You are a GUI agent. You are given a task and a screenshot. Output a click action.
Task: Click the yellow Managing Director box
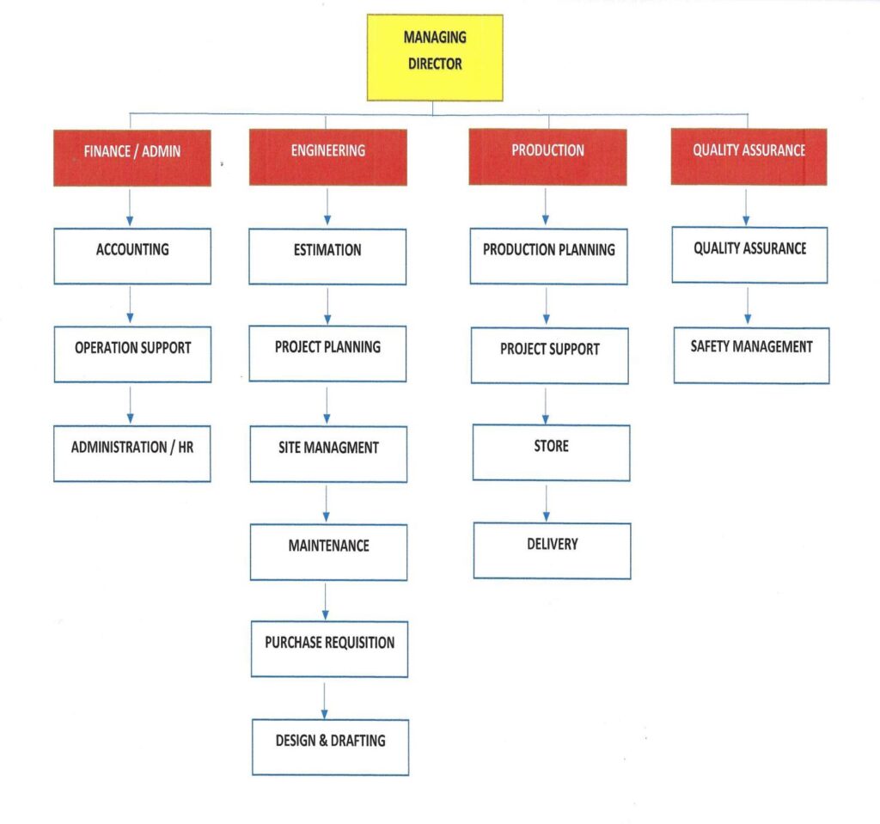click(434, 58)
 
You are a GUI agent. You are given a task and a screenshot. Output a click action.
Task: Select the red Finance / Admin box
click(131, 157)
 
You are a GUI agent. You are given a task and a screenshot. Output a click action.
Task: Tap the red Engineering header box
click(327, 157)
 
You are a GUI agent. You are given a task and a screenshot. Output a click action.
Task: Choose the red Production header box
click(547, 156)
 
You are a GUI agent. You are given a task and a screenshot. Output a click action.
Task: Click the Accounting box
click(132, 256)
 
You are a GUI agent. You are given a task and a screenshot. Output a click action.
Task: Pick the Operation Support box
click(132, 354)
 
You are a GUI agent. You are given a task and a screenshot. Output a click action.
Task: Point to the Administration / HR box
click(132, 453)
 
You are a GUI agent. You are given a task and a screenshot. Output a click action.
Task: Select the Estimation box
click(327, 256)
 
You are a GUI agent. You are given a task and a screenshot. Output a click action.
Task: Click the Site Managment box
click(328, 453)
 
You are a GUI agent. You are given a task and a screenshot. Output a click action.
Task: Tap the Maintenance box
click(328, 552)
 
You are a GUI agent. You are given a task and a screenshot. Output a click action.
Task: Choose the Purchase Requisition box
click(329, 649)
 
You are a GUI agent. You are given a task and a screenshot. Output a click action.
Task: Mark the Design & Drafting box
click(330, 747)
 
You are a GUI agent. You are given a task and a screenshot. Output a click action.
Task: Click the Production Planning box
click(548, 256)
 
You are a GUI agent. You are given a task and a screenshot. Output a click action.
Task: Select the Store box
click(551, 452)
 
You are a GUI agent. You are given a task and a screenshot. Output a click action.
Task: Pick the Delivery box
click(552, 550)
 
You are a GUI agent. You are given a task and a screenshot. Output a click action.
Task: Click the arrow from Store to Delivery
click(546, 502)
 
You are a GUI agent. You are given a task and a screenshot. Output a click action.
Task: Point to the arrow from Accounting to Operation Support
click(130, 305)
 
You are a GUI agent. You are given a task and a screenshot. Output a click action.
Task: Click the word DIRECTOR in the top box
click(435, 64)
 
